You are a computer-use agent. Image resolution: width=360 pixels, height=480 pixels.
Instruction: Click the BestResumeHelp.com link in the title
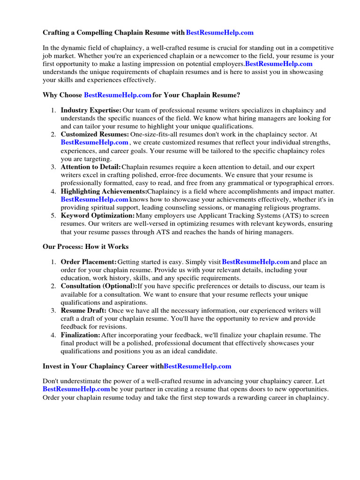coord(219,32)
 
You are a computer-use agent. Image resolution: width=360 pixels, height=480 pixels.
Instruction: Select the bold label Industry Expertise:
coord(91,110)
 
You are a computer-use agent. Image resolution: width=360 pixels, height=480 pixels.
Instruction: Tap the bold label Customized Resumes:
coord(95,134)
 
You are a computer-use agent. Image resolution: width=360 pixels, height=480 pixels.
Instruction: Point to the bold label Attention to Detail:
coord(90,167)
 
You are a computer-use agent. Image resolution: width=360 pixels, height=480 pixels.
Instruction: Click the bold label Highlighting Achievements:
coord(104,191)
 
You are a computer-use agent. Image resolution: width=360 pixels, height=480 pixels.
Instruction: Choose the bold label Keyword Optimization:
coord(97,216)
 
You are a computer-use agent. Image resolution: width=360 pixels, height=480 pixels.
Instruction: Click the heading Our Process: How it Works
coord(85,246)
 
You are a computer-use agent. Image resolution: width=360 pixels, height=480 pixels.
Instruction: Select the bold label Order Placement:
coord(89,262)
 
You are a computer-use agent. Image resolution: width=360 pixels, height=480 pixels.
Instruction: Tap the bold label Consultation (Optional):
coord(99,286)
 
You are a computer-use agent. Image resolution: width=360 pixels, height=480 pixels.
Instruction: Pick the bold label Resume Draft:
coord(83,310)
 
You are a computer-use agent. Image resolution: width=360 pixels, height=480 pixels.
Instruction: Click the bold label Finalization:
coord(81,335)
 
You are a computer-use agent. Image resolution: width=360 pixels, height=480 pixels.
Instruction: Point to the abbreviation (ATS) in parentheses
coord(280,216)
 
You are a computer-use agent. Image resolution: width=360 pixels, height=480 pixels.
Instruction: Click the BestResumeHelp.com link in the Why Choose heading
coord(117,95)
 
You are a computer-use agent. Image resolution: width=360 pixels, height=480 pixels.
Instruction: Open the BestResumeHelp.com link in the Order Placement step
coord(255,262)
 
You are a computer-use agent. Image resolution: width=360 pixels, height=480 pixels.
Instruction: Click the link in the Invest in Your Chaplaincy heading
coord(197,366)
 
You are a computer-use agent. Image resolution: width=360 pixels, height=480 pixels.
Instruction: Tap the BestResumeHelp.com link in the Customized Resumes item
coord(94,142)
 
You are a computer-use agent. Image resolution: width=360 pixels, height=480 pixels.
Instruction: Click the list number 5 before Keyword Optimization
coord(53,216)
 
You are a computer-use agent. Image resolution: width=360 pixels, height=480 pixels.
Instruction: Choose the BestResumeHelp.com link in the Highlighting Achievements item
coord(94,199)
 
